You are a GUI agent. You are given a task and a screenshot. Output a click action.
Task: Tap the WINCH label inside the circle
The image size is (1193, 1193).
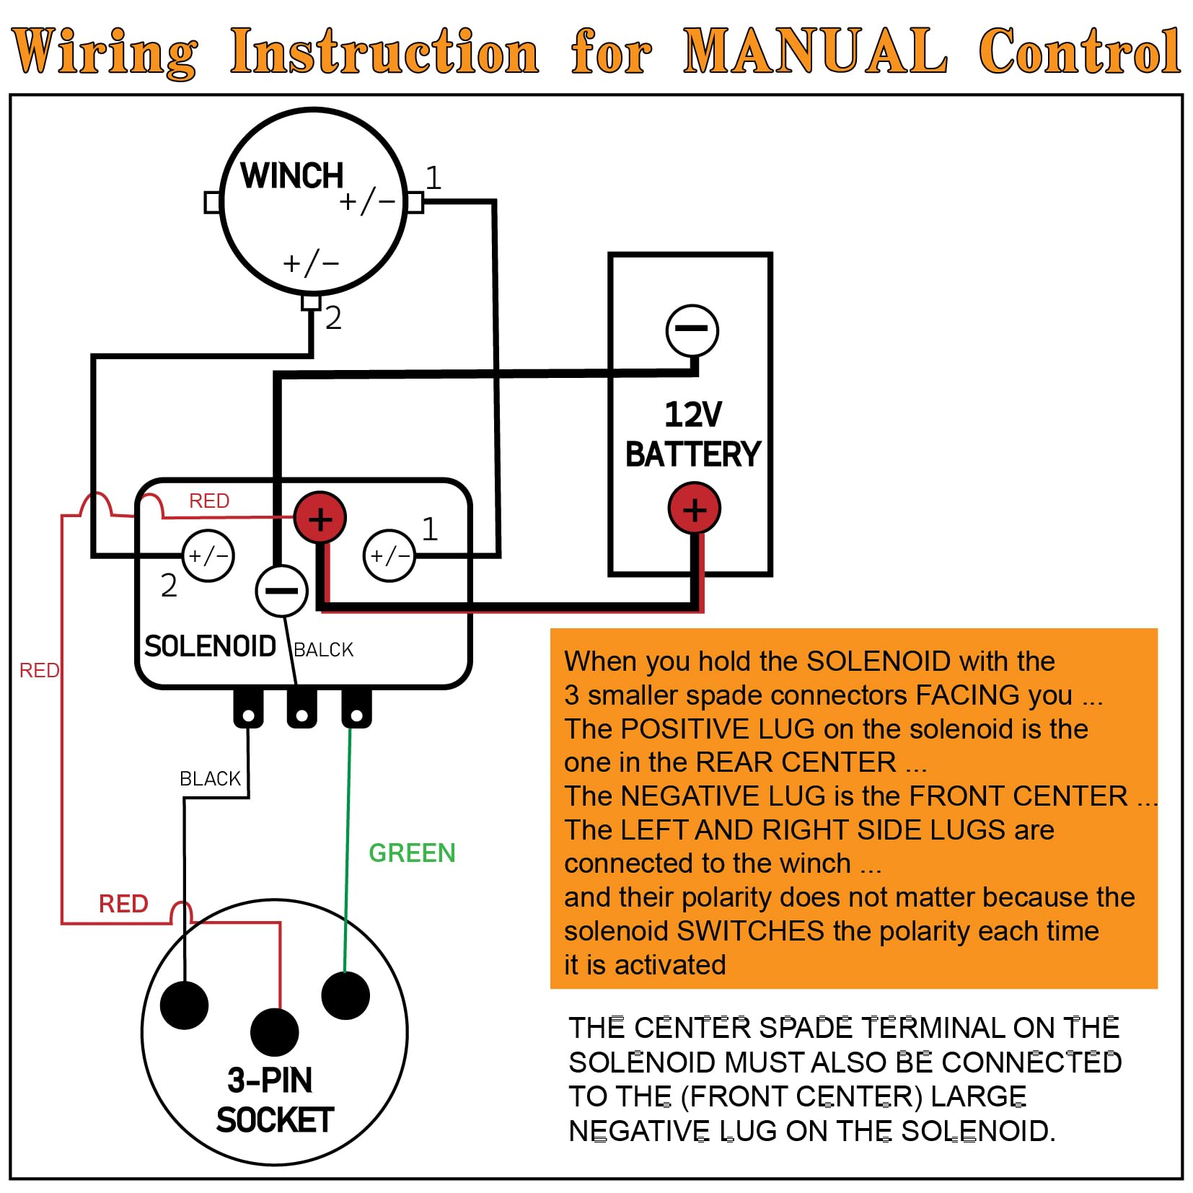click(x=292, y=175)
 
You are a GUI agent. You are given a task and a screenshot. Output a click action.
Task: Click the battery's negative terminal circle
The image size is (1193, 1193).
click(x=692, y=330)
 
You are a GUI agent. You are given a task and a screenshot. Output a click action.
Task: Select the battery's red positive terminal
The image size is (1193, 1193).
click(x=694, y=509)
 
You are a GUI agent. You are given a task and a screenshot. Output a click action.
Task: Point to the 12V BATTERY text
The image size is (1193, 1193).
click(x=693, y=434)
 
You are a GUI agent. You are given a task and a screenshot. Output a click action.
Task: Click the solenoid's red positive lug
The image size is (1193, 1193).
click(x=320, y=518)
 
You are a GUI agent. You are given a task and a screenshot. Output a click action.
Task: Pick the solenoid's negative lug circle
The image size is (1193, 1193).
click(x=281, y=590)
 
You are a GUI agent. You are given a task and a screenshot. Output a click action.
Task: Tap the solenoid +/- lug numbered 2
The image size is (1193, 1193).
click(x=208, y=555)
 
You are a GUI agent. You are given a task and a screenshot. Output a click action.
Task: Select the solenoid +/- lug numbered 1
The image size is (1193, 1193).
click(x=389, y=555)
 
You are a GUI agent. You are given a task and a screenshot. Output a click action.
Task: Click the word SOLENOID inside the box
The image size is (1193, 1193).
click(x=210, y=646)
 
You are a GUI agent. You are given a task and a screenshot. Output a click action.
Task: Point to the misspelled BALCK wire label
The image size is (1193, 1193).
click(x=324, y=650)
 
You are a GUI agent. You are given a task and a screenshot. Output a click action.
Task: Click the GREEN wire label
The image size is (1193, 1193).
click(x=412, y=853)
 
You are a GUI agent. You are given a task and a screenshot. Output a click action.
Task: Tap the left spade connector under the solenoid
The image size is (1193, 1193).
click(x=248, y=708)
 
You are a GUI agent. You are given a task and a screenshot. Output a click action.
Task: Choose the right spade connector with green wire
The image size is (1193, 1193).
click(x=356, y=708)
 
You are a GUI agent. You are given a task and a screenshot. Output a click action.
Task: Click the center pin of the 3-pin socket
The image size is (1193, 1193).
click(x=275, y=1032)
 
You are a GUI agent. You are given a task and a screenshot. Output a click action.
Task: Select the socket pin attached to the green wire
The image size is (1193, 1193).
click(x=345, y=995)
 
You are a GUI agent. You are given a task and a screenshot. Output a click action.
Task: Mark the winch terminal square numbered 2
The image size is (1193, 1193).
click(x=311, y=301)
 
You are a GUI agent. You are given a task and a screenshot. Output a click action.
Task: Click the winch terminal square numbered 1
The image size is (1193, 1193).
click(x=415, y=203)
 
